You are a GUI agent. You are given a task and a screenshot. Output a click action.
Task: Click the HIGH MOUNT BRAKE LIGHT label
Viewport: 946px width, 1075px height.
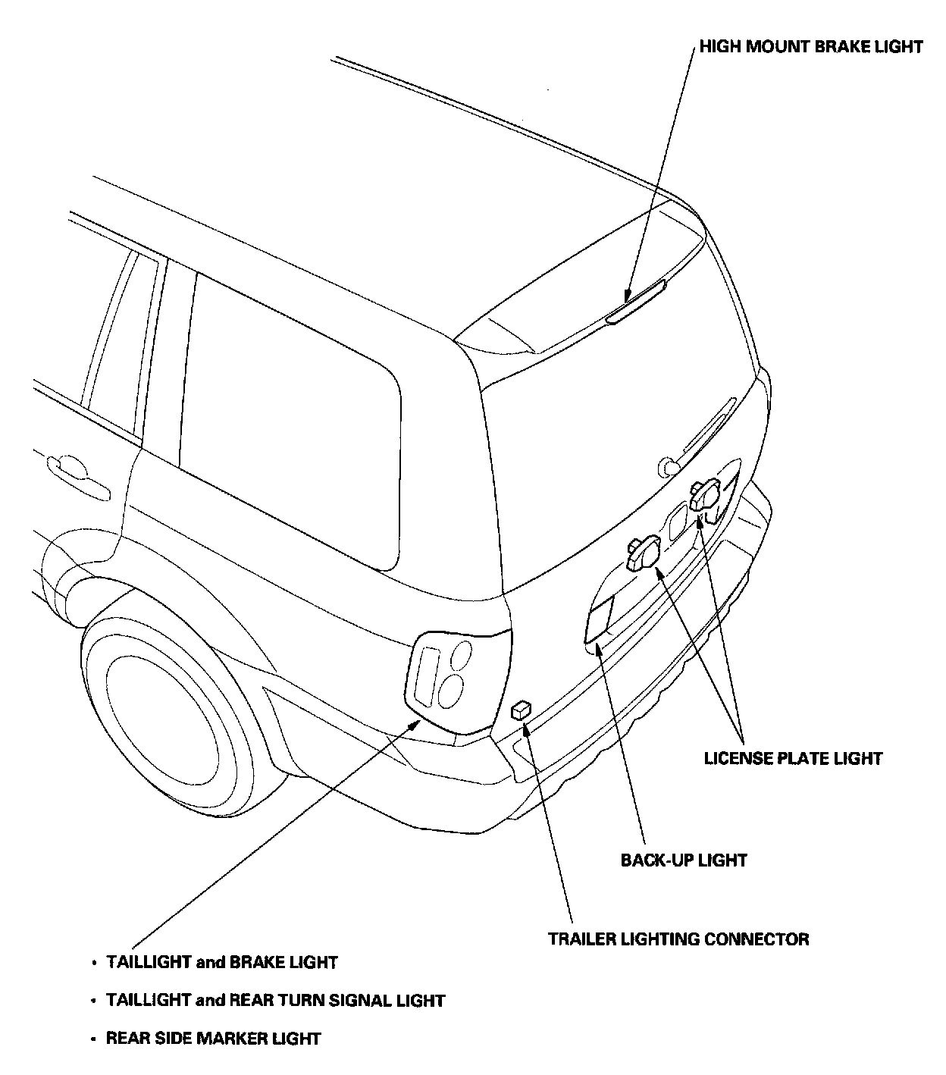click(x=810, y=47)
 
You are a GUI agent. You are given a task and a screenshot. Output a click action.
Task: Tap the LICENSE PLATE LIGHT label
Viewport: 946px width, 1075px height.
click(x=794, y=758)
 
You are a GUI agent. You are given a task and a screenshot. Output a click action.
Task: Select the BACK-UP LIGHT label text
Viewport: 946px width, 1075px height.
click(x=684, y=860)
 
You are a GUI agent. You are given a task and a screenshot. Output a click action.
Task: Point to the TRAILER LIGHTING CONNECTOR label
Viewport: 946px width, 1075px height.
click(x=678, y=939)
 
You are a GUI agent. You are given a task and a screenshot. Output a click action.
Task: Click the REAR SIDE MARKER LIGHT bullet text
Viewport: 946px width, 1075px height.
click(x=213, y=1039)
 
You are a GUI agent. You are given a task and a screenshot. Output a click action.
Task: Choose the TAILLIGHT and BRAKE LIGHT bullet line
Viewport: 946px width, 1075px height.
click(x=221, y=963)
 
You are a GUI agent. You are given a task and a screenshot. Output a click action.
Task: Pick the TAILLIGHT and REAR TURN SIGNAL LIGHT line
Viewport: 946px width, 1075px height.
click(x=275, y=1001)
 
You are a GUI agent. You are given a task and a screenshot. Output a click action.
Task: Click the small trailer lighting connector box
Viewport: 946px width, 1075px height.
click(x=521, y=710)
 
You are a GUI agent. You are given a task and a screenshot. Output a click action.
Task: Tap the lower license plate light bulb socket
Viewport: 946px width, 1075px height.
click(x=641, y=553)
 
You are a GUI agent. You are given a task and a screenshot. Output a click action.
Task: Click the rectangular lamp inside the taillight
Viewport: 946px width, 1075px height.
click(x=425, y=671)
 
